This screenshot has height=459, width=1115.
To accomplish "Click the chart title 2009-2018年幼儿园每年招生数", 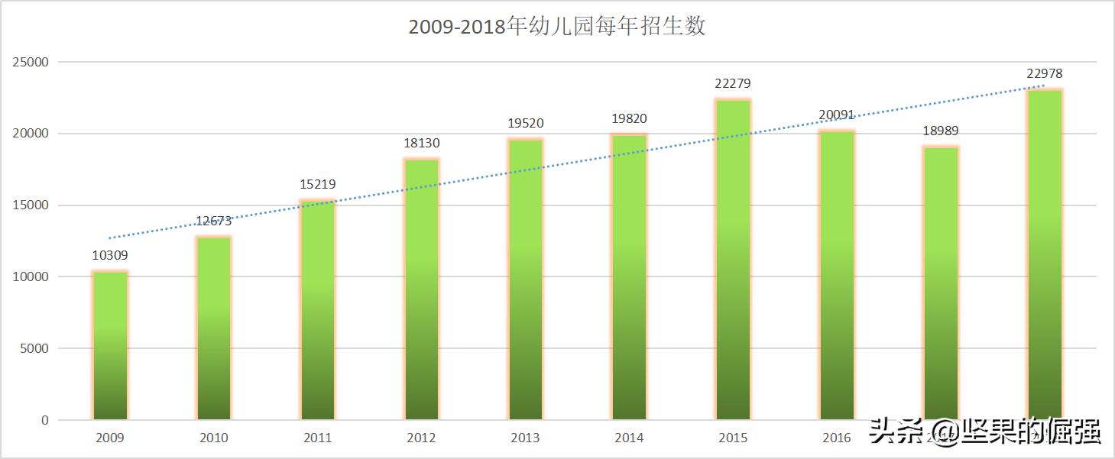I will [556, 27].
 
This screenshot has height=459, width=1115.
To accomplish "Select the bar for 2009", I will [110, 345].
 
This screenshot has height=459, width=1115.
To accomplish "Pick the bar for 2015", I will [733, 260].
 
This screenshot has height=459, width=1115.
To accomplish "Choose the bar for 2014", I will [629, 276].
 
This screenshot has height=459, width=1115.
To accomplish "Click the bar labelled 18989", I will [941, 283].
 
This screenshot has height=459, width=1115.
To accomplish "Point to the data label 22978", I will [1044, 74].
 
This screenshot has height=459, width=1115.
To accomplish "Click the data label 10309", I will [110, 256].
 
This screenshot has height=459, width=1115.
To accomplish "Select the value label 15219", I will [317, 185].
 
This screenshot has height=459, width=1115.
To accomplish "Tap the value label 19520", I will [525, 124].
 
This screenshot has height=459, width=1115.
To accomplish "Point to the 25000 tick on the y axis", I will [31, 63].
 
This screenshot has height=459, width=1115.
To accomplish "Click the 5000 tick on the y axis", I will [34, 349].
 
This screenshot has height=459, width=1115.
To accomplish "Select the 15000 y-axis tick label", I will [31, 205].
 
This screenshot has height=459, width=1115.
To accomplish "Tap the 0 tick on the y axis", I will [44, 420].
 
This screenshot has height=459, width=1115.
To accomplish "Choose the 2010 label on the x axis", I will [213, 438].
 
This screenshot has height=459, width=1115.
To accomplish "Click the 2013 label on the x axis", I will [525, 438].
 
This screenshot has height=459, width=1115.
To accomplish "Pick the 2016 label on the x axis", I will [837, 438].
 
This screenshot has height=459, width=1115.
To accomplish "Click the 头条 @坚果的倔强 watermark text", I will [985, 432].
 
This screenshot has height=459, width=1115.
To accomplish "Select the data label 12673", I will [213, 221].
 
